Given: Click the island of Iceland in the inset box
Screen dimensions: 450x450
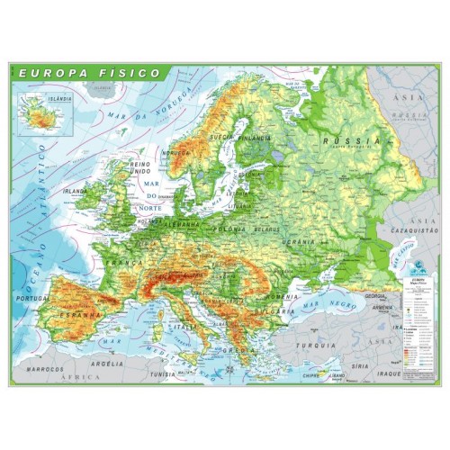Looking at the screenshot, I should tap(38, 115).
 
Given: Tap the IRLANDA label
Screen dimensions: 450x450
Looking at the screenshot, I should tap(76, 193).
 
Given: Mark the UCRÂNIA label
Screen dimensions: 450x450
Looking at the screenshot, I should tap(297, 243).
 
